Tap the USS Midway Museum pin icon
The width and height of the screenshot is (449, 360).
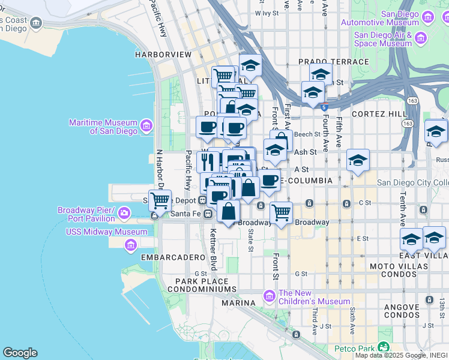(x=130, y=245)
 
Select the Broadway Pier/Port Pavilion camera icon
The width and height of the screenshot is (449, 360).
(x=124, y=212)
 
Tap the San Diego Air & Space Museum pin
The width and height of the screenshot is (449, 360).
(x=421, y=39)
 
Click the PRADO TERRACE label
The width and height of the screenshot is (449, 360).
(x=333, y=62)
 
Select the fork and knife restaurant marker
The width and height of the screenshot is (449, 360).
(x=207, y=161)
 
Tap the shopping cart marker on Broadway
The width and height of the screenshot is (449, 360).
(x=281, y=212)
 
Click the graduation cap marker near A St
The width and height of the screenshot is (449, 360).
(x=358, y=160)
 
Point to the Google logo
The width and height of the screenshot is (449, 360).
(x=20, y=353)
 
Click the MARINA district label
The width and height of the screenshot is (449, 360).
(x=239, y=303)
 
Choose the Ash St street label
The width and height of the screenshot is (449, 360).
(x=305, y=152)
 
